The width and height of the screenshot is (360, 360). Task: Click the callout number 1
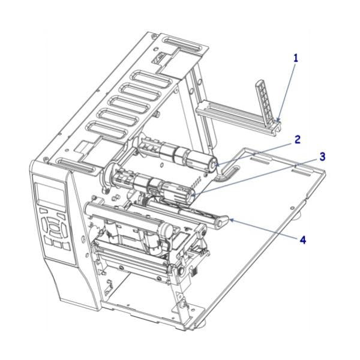click(295, 58)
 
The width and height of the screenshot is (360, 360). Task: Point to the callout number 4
click(303, 239)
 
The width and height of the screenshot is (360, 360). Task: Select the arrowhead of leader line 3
click(191, 193)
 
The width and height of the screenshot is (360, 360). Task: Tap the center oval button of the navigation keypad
click(56, 228)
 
